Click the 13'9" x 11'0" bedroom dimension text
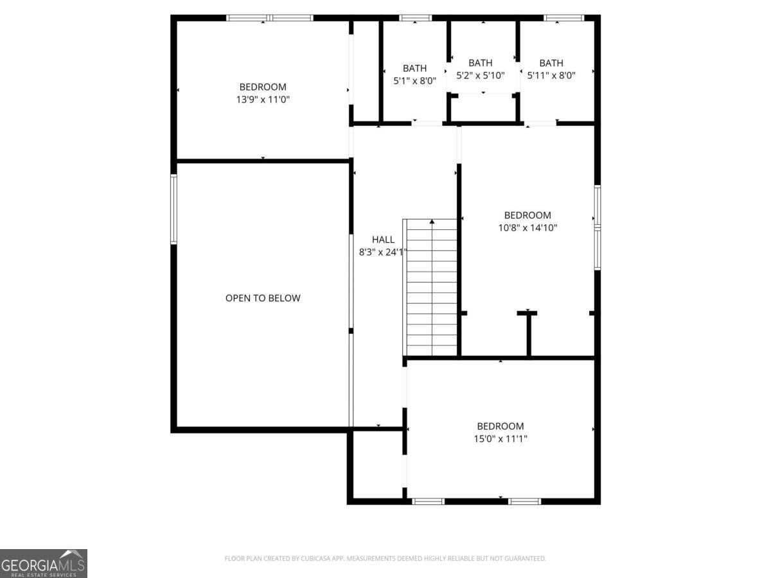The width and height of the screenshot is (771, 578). coord(263,100)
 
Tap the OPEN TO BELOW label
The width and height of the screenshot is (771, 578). coord(263,298)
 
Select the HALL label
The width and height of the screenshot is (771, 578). coord(383,240)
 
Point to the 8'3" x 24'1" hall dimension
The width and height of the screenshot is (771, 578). coord(383,252)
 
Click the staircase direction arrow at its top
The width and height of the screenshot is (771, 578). coord(432,222)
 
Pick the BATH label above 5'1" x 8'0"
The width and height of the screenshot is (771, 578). coord(414,68)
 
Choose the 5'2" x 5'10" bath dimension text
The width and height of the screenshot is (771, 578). coord(481,75)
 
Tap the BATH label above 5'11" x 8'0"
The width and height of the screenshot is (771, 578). coord(551,63)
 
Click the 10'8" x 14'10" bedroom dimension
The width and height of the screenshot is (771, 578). coord(527,227)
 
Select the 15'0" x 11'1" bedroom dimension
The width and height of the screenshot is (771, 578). coord(501,439)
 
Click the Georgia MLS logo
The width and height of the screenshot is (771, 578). coord(43,563)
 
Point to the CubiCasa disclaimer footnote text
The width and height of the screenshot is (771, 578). coord(385,559)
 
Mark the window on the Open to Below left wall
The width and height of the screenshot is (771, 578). coord(173,209)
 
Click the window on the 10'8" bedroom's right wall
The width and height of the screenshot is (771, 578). coord(597,227)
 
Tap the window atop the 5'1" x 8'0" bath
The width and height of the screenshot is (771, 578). coord(415,18)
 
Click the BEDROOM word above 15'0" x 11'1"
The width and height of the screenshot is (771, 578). coord(501,426)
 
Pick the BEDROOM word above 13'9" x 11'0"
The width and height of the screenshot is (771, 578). coord(263,87)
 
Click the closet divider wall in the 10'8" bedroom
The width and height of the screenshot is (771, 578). coord(528,334)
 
